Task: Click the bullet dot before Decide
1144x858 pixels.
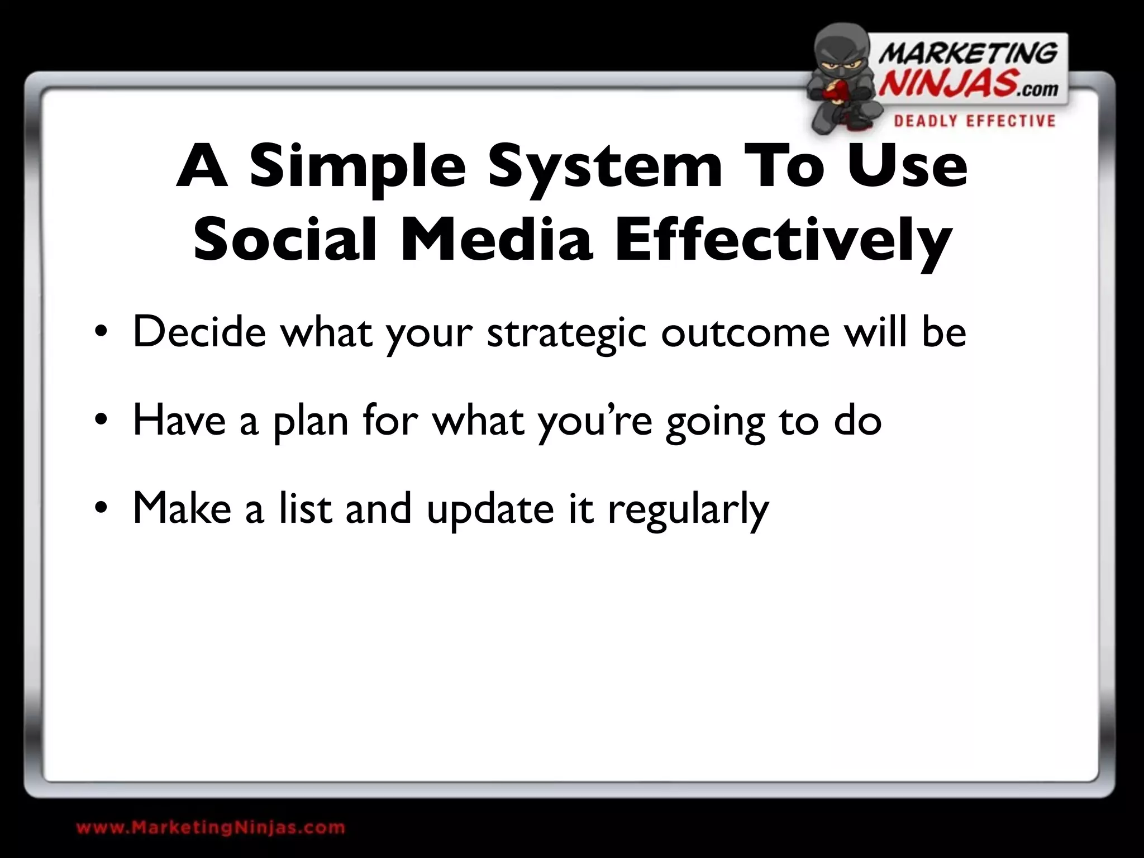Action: tap(101, 333)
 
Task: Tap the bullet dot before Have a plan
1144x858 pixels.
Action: tap(101, 421)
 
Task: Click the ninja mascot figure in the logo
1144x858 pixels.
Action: tap(841, 81)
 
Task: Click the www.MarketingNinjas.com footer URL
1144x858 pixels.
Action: tap(211, 827)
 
